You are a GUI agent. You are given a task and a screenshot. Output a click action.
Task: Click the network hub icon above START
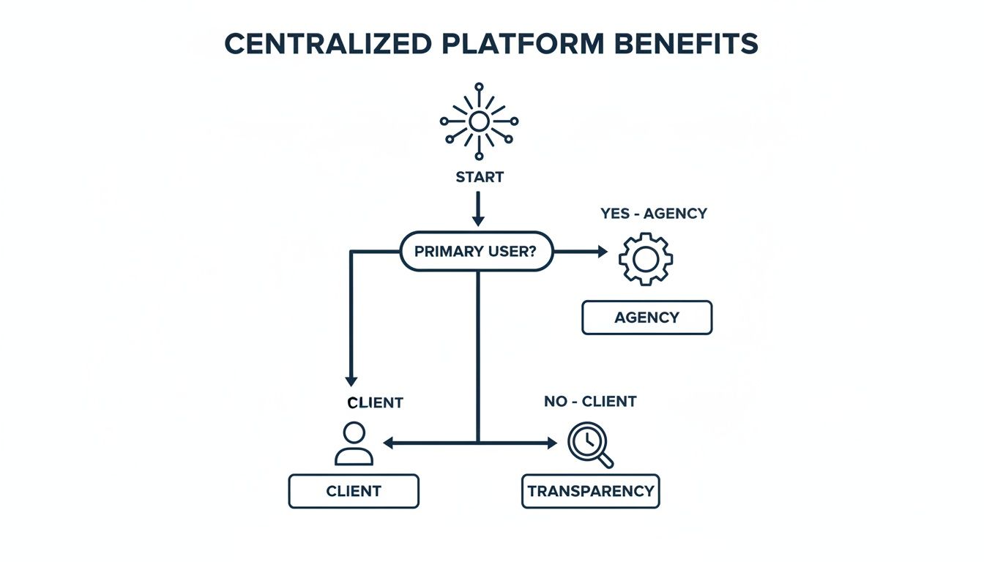(479, 121)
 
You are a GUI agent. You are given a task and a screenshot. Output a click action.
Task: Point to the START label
(479, 177)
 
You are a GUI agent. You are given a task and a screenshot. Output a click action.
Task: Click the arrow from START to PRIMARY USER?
(478, 209)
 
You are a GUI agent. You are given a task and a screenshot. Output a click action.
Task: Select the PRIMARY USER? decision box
(477, 252)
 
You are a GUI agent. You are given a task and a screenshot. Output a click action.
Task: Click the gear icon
(645, 258)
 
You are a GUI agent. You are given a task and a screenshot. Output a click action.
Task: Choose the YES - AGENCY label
(654, 214)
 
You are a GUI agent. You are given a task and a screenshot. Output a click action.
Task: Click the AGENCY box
(646, 318)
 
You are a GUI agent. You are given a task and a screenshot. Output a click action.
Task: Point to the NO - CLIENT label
(590, 402)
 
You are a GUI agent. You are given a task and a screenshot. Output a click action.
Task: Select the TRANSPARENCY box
(590, 490)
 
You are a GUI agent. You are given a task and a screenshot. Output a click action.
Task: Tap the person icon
(354, 443)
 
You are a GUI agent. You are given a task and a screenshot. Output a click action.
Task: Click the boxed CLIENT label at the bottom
(354, 490)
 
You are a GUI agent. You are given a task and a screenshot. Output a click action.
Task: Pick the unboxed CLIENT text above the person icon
(375, 402)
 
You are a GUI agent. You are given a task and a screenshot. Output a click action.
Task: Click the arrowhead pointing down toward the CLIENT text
(351, 381)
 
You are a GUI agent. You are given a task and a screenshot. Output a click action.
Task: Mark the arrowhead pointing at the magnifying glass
(551, 443)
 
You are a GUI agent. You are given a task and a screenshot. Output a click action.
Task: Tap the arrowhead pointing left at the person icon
(389, 443)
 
